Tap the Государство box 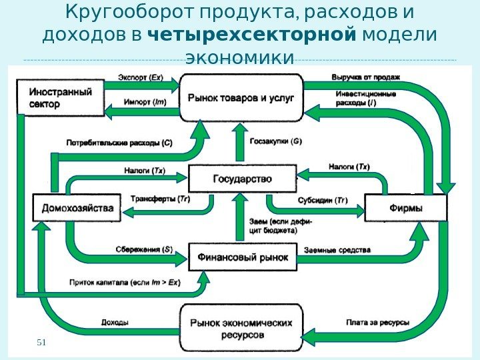pos(242,179)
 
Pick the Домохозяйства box pos(77,207)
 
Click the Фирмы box pos(405,207)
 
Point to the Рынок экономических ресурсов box pos(241,327)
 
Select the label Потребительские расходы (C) pos(119,142)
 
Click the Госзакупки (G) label pos(275,142)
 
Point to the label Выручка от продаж pos(365,77)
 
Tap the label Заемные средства pos(337,249)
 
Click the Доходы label pos(115,323)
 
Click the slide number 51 pos(41,342)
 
